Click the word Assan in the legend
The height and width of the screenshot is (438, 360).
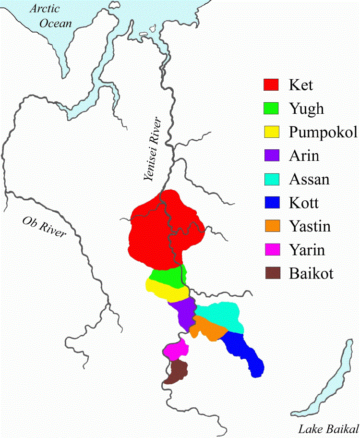point(310,179)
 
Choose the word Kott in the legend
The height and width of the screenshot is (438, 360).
point(304,203)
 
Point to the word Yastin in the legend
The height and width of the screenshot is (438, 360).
point(310,226)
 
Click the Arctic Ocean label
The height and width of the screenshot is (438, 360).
point(50,16)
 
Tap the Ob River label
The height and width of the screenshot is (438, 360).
point(44,227)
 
